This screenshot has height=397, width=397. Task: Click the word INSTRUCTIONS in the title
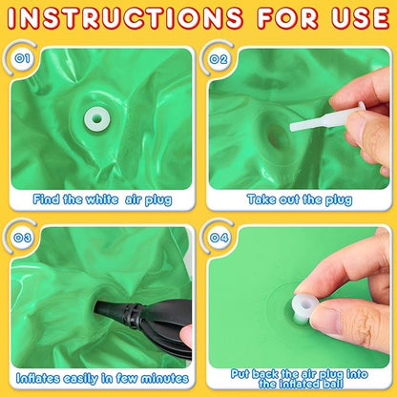tap(125, 17)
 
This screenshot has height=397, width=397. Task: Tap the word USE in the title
tap(361, 17)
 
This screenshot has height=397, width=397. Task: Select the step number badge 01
tap(23, 58)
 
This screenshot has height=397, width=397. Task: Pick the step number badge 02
tap(219, 59)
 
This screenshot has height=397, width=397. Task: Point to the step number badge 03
tap(23, 238)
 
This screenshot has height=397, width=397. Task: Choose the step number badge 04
tap(219, 238)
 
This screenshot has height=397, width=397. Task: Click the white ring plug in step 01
tap(97, 119)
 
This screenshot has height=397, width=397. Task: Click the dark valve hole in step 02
tap(274, 137)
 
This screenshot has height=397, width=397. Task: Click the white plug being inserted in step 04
tap(304, 307)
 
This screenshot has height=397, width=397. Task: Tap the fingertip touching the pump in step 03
tap(186, 337)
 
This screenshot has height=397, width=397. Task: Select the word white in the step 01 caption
tap(102, 199)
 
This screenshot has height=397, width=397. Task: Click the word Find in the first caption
tap(46, 199)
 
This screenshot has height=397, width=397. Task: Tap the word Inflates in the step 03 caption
tap(38, 378)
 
